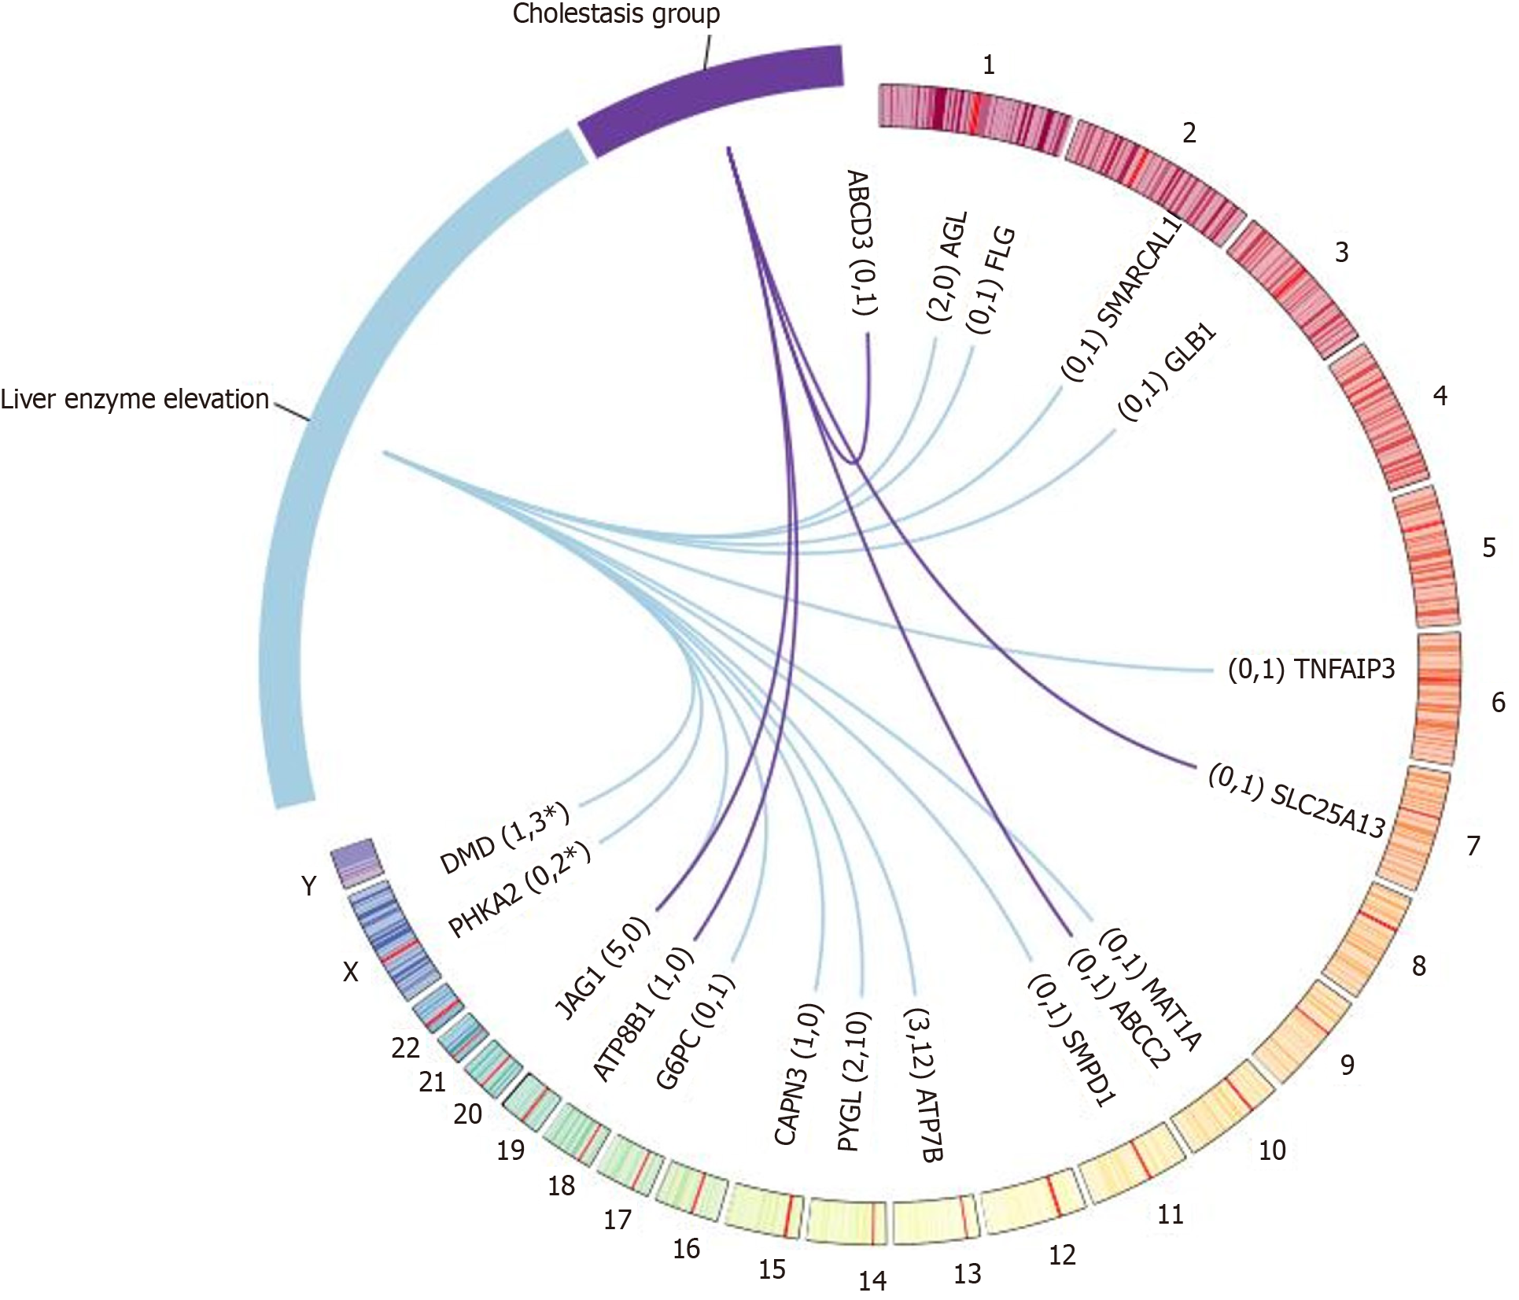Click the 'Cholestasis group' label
(x=616, y=14)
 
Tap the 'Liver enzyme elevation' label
(x=135, y=399)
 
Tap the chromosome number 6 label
(x=1499, y=702)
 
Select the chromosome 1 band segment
(x=973, y=116)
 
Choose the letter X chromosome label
(x=350, y=973)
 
